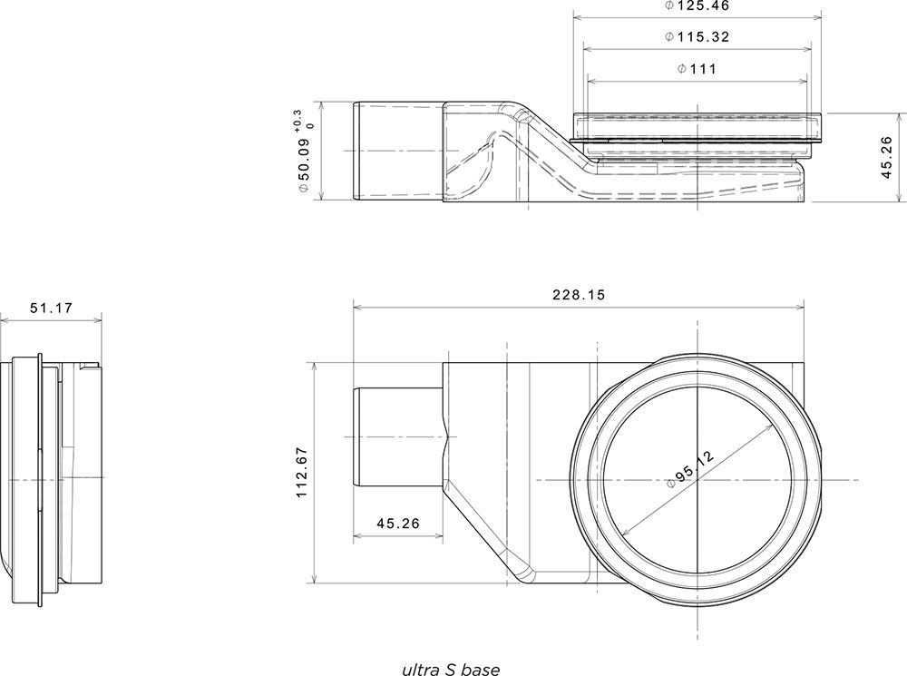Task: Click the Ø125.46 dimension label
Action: (x=697, y=6)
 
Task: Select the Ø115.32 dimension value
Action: (x=697, y=37)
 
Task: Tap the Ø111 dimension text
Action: (x=697, y=70)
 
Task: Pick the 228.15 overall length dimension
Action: (x=579, y=295)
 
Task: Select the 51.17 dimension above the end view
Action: (x=52, y=308)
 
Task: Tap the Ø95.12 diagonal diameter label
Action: (x=690, y=469)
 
